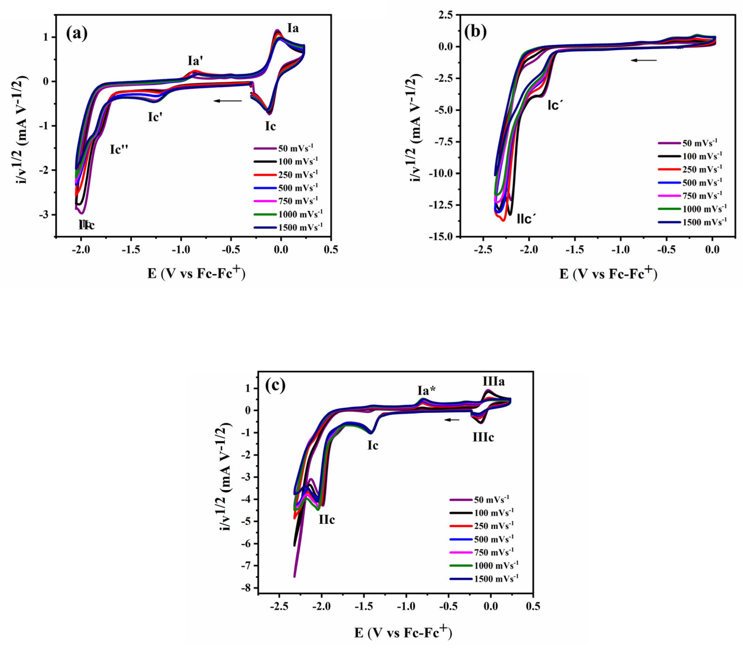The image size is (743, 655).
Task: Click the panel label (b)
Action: pos(476,32)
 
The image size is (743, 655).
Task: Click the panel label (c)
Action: pos(275,385)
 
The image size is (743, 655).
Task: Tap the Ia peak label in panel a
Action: pos(293,28)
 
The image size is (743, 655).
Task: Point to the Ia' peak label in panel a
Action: pos(195,60)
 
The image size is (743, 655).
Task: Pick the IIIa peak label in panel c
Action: pos(493,381)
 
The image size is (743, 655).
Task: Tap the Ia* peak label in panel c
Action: pos(427,391)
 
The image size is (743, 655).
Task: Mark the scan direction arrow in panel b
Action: pos(643,60)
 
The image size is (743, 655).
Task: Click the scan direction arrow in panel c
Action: pos(453,420)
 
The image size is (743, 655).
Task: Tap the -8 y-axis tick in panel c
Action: pos(248,588)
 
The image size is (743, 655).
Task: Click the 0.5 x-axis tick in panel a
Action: pos(330,250)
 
